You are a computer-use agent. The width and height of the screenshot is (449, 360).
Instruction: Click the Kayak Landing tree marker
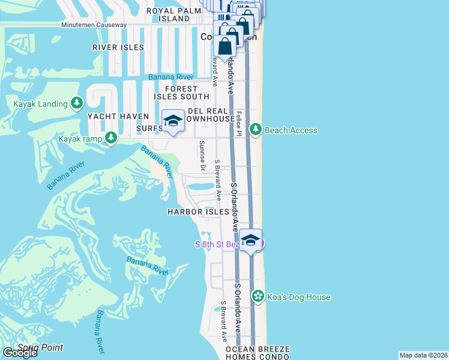click(77, 104)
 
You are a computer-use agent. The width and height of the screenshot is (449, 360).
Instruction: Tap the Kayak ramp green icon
click(111, 139)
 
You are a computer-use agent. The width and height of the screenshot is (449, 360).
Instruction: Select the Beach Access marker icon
click(256, 130)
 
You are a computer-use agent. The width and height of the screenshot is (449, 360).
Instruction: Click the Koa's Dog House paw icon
click(258, 296)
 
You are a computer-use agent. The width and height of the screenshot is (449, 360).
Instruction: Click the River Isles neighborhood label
click(118, 47)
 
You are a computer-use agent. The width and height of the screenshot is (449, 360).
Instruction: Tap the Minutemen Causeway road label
click(94, 25)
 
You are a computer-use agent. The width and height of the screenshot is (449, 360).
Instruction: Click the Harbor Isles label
click(198, 212)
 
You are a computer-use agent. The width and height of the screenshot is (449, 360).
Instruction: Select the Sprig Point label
click(40, 347)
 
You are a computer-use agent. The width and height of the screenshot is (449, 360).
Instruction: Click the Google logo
click(20, 353)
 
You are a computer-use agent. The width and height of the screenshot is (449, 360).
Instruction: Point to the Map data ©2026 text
click(423, 355)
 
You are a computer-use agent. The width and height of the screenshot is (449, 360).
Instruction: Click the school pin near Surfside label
click(173, 122)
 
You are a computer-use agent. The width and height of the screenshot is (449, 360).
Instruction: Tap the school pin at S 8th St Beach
click(251, 241)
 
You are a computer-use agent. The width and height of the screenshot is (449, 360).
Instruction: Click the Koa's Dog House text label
click(298, 297)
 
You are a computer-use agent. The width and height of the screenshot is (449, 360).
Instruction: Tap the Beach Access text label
click(291, 130)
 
